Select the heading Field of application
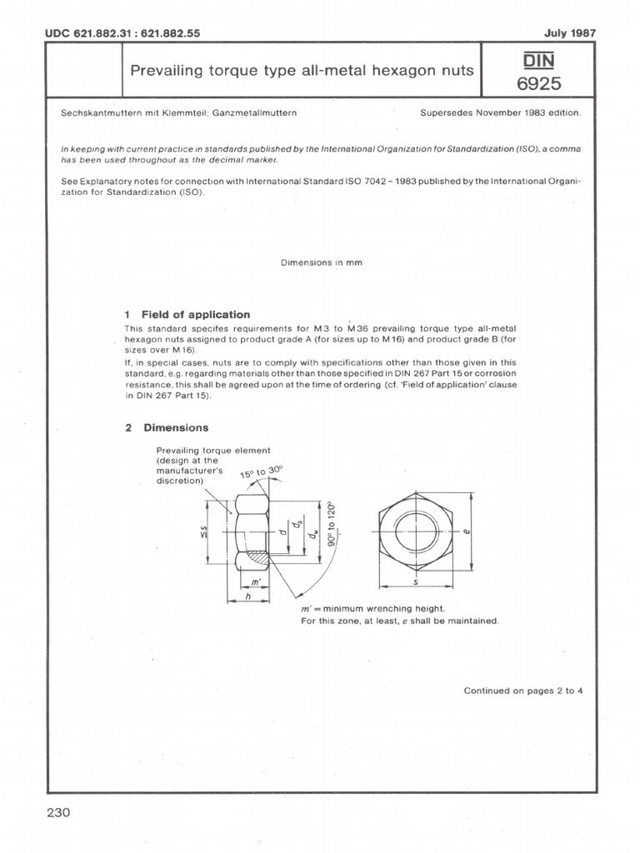pos(196,314)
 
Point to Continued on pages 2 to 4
pos(523,691)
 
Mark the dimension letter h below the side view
pos(247,597)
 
